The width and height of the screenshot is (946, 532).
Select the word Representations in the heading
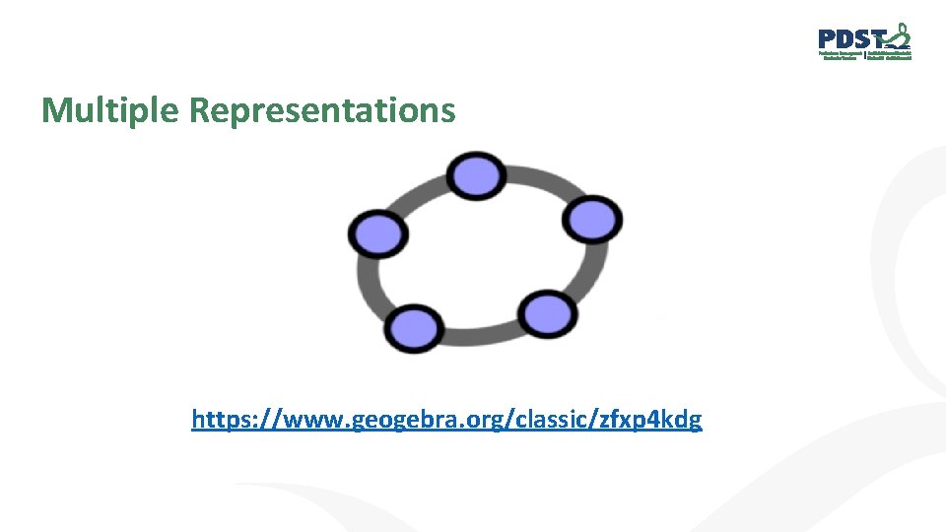[322, 110]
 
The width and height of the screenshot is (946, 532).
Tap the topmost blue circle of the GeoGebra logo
[476, 175]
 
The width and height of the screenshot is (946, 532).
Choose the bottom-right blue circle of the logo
[547, 314]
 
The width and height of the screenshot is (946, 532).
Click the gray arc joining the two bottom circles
[480, 333]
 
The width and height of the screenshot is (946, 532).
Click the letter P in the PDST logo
[829, 39]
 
